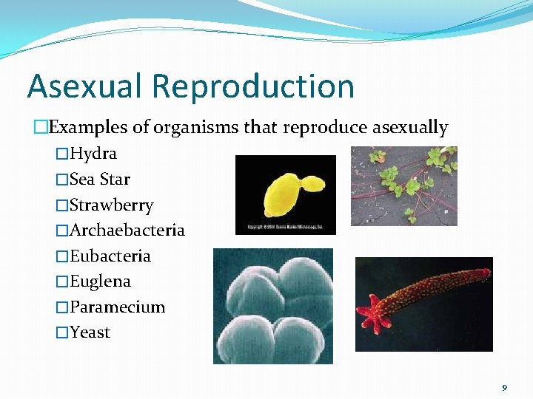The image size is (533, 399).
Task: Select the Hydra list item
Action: [93, 154]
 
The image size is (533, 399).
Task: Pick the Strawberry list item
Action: [112, 205]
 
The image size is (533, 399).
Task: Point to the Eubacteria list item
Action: [110, 256]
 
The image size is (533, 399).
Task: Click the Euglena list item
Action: [100, 282]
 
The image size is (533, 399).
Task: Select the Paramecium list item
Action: [118, 307]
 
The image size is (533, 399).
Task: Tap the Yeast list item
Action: [90, 332]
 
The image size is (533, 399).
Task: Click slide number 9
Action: [504, 387]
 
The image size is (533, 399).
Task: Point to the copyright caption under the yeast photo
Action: [285, 229]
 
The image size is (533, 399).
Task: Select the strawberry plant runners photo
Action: [403, 185]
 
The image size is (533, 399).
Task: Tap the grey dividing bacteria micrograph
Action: [272, 306]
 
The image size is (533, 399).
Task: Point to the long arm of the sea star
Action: [437, 292]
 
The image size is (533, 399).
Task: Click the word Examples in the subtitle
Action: [88, 127]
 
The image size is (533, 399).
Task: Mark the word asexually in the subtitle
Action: [411, 127]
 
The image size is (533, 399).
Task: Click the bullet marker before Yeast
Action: [61, 333]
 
